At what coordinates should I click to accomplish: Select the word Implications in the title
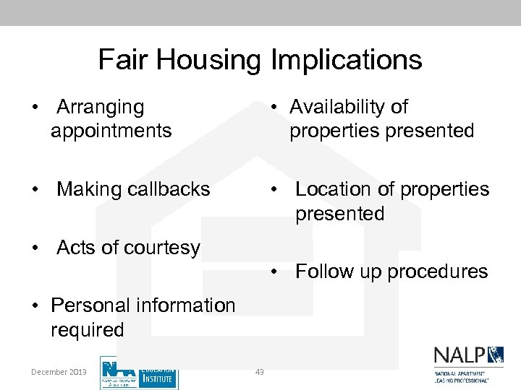tap(346, 59)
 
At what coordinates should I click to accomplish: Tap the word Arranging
tap(101, 108)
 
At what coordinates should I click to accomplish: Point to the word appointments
tap(111, 131)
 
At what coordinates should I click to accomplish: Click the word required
tap(88, 330)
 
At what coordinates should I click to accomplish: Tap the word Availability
tap(339, 107)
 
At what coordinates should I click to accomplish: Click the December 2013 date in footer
tap(59, 372)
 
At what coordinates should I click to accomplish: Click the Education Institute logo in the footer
tap(139, 373)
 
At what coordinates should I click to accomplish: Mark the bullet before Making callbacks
tap(35, 190)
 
